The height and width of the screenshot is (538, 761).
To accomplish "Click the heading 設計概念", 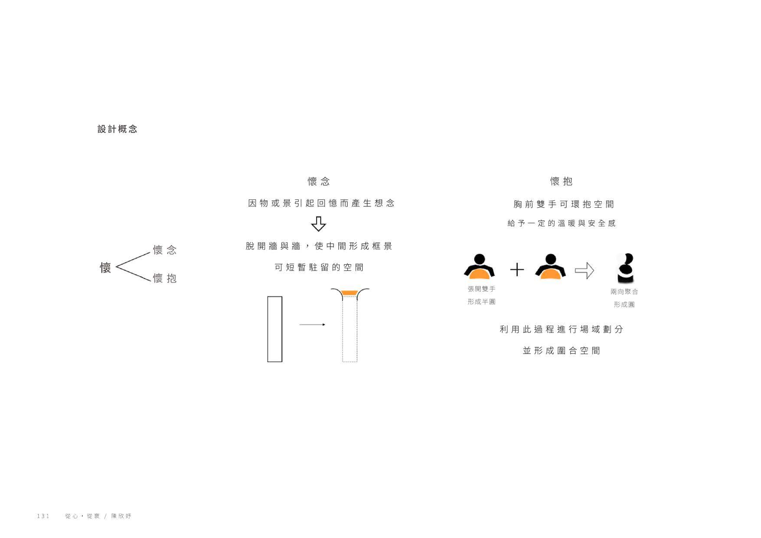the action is (117, 129).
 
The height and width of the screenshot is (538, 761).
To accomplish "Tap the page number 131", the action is (43, 516).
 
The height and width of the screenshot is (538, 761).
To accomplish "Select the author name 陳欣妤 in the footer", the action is (121, 516).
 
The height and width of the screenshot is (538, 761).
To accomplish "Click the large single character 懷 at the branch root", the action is (105, 267).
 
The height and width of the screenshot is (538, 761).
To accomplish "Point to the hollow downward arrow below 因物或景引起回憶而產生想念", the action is (318, 224).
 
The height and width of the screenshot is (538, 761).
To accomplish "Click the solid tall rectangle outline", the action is (274, 329).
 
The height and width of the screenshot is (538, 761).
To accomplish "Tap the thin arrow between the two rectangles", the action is (312, 324).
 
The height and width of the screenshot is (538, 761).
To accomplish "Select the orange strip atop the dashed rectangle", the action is (349, 293).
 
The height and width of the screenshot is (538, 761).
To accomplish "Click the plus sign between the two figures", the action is (517, 270).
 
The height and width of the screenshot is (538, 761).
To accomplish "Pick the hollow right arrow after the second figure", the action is (584, 271).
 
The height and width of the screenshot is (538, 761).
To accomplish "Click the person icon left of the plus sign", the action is (479, 266).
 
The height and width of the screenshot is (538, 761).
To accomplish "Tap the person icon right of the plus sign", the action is (550, 266).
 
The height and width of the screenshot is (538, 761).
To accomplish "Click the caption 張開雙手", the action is (481, 289).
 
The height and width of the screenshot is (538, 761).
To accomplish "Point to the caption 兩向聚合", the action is (624, 292).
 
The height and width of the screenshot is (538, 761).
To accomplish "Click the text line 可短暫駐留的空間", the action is (319, 267).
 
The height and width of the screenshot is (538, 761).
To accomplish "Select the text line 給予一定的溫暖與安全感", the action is (562, 223).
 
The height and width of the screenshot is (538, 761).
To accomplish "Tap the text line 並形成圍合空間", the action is (561, 351).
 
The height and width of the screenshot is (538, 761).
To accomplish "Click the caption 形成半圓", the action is (481, 302).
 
